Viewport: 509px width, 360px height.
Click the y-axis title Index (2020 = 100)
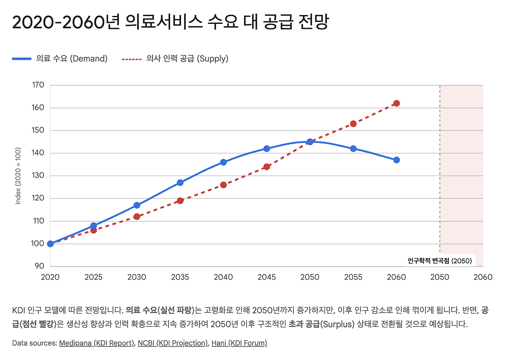(x=18, y=176)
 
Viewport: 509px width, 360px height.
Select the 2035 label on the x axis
(x=180, y=277)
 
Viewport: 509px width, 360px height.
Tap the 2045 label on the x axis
(x=266, y=277)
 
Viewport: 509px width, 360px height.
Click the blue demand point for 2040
(x=223, y=162)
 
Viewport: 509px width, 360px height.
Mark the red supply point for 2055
(x=353, y=124)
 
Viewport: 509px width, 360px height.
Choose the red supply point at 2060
(x=396, y=103)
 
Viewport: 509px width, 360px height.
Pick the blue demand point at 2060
(x=396, y=160)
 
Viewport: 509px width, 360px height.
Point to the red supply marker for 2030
(x=137, y=216)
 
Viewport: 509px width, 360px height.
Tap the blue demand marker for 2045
(x=266, y=149)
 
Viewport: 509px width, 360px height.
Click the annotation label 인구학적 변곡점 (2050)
(x=439, y=261)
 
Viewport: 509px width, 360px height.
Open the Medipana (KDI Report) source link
(x=97, y=343)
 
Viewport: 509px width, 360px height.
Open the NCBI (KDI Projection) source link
(x=173, y=343)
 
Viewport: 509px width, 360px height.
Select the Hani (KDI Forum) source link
(x=239, y=343)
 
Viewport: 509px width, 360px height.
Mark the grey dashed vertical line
(x=440, y=167)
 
